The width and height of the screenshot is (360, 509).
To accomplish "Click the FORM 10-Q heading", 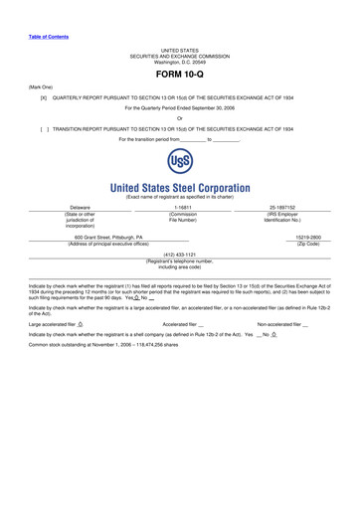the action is point(179,75).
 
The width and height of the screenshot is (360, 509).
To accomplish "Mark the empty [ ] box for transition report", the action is point(44,129).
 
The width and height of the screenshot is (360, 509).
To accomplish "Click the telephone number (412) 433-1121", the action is point(179,281).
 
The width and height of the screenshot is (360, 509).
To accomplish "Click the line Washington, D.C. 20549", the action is point(179,60).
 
